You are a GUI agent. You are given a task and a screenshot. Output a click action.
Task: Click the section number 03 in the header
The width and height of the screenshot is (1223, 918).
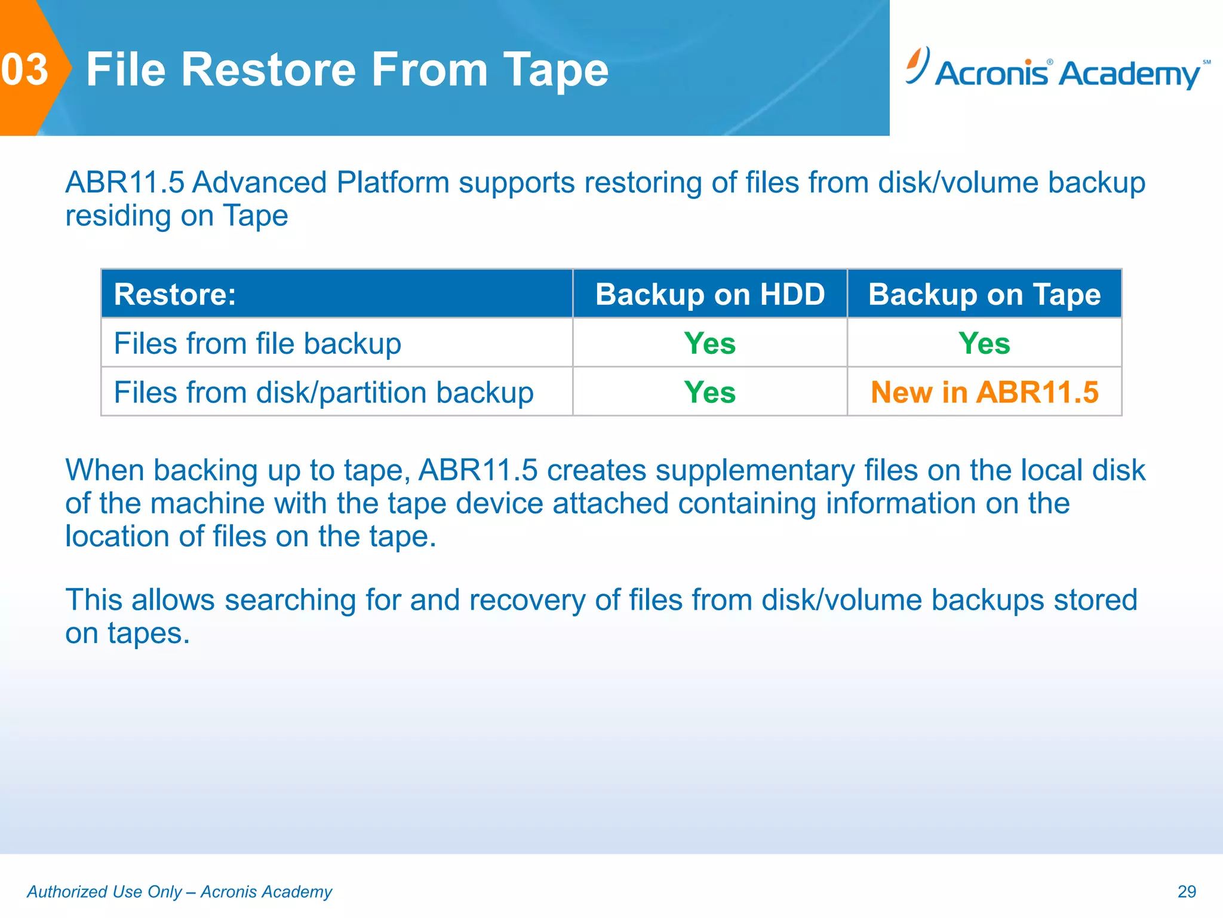pyautogui.click(x=25, y=70)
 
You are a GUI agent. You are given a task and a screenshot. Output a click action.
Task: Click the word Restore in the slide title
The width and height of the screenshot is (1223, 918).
pyautogui.click(x=270, y=70)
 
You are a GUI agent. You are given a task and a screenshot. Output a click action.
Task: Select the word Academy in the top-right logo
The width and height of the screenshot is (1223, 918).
pyautogui.click(x=1130, y=75)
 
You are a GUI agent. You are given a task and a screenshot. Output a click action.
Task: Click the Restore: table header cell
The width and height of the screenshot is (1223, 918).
pyautogui.click(x=175, y=295)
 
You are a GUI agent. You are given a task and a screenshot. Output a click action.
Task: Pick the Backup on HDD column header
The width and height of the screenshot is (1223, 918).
pyautogui.click(x=710, y=295)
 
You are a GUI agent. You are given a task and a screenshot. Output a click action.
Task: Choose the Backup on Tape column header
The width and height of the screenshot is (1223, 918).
pyautogui.click(x=984, y=295)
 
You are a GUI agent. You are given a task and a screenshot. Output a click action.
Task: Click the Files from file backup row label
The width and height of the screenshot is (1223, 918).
pyautogui.click(x=257, y=344)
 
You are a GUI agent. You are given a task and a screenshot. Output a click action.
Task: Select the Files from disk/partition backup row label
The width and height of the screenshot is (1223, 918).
pyautogui.click(x=324, y=393)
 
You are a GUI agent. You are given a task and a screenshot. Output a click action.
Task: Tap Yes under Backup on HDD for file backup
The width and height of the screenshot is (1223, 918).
pyautogui.click(x=710, y=344)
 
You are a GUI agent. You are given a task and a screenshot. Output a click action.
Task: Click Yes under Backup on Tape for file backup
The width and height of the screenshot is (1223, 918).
pyautogui.click(x=984, y=344)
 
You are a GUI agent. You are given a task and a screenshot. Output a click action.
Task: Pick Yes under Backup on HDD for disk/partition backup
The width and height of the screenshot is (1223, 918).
pyautogui.click(x=710, y=393)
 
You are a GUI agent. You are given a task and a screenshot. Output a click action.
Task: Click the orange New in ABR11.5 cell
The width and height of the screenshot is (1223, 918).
pyautogui.click(x=984, y=393)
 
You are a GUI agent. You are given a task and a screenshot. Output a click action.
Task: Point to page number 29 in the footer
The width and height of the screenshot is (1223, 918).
pyautogui.click(x=1187, y=892)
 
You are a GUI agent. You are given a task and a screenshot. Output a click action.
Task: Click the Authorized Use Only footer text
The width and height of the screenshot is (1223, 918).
pyautogui.click(x=179, y=892)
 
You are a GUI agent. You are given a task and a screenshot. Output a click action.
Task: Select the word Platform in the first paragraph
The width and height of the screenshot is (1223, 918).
pyautogui.click(x=392, y=183)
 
